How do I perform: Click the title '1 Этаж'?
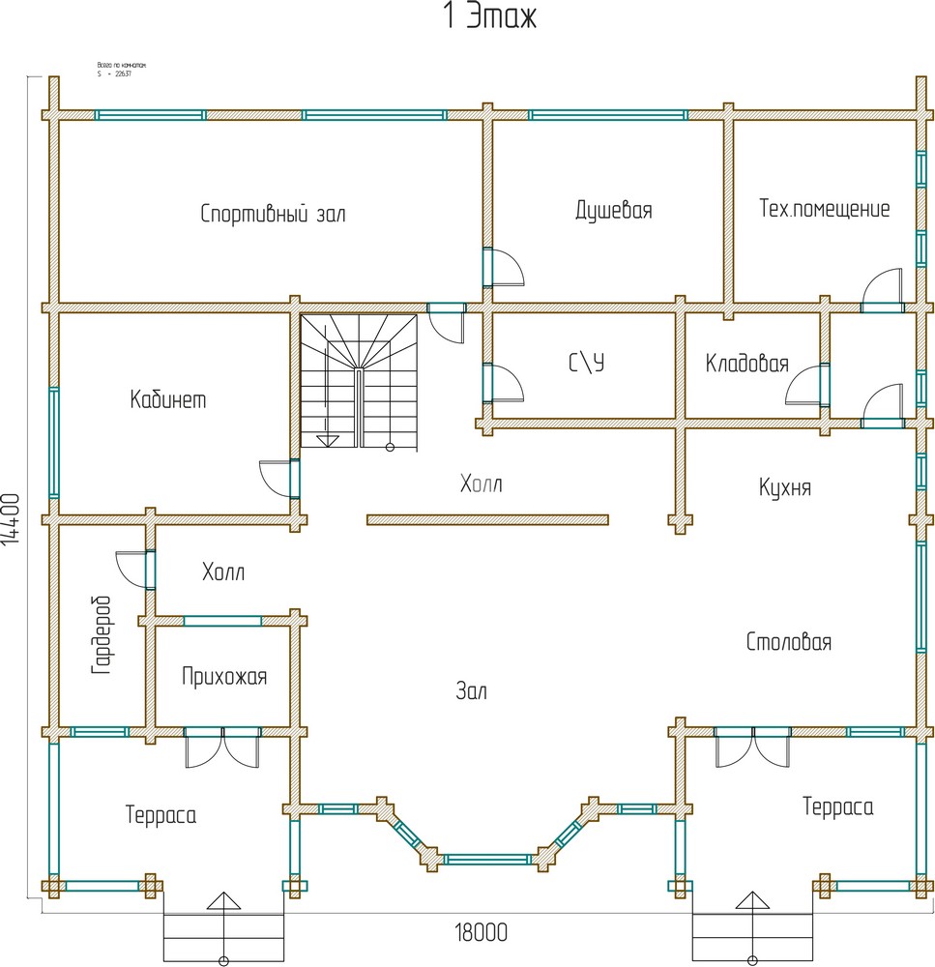click(x=489, y=17)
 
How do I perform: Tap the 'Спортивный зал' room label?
click(x=273, y=214)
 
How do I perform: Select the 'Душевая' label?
click(x=613, y=210)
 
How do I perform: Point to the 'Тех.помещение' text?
click(x=824, y=209)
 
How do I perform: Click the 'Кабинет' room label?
click(x=168, y=399)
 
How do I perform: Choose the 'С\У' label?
click(x=586, y=364)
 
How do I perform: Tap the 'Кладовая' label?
click(x=746, y=365)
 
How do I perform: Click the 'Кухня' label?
click(x=785, y=487)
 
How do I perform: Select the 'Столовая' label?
click(x=788, y=642)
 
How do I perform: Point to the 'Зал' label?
click(x=472, y=690)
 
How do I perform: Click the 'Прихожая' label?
click(x=223, y=677)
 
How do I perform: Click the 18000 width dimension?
click(x=481, y=932)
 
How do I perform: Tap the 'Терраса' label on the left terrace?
click(x=161, y=815)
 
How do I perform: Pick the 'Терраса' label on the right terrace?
click(x=837, y=806)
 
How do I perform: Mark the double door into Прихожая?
click(x=222, y=747)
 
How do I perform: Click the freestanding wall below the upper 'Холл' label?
click(x=487, y=519)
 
